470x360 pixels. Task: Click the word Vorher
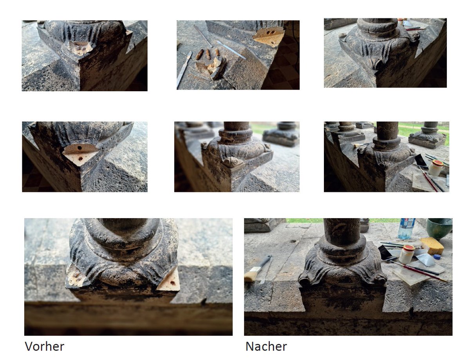point(44,346)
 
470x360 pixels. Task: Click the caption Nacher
point(266,346)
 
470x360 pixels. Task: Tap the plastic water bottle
point(406,228)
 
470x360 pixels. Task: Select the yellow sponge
point(432,246)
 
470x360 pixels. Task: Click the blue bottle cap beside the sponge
point(437,257)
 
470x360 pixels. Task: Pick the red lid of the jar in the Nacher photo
point(408,248)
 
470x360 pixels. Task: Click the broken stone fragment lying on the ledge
point(211,68)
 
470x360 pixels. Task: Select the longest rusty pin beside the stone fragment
point(199,54)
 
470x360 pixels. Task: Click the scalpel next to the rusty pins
point(184,69)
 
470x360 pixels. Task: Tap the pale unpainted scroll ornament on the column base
point(233,161)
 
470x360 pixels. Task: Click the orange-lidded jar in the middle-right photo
point(436,167)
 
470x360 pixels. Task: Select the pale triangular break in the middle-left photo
point(80,153)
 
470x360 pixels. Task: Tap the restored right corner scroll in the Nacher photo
point(379,279)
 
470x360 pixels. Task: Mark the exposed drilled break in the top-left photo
point(81,48)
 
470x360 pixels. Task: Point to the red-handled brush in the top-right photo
point(415,28)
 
